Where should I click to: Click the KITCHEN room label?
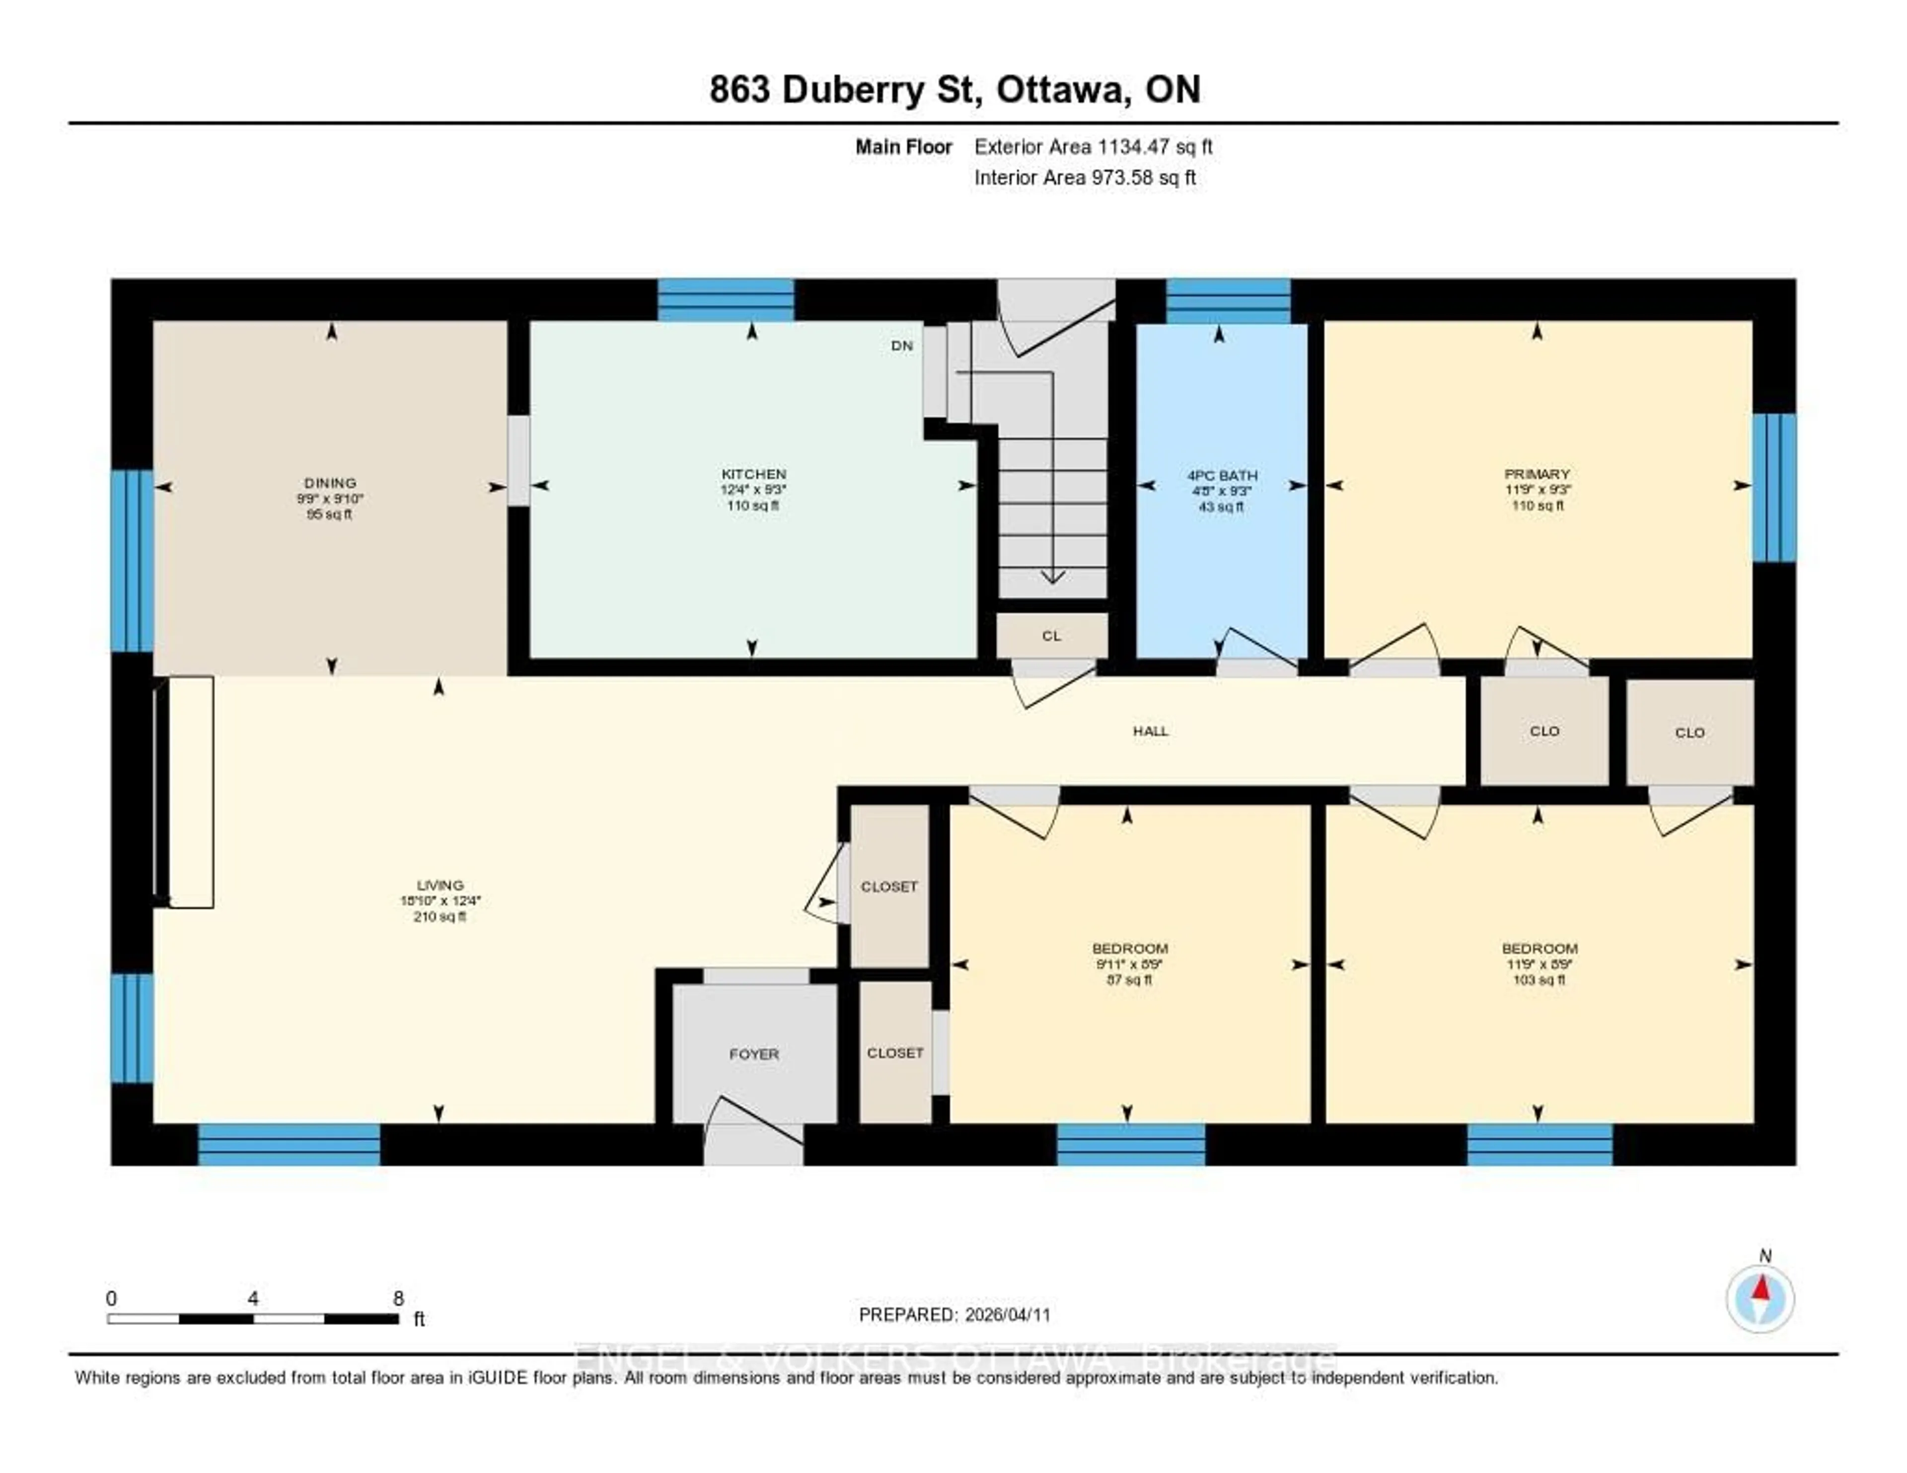[753, 474]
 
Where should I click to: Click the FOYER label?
[753, 1054]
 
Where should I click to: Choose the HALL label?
[1150, 731]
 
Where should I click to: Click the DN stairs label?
[902, 346]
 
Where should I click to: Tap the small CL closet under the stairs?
[1051, 636]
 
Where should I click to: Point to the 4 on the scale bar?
[252, 1298]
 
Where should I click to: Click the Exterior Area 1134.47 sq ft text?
[1093, 147]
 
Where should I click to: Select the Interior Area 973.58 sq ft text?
[1085, 177]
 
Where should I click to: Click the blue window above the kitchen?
[726, 299]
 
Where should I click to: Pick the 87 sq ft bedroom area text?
[1129, 980]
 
